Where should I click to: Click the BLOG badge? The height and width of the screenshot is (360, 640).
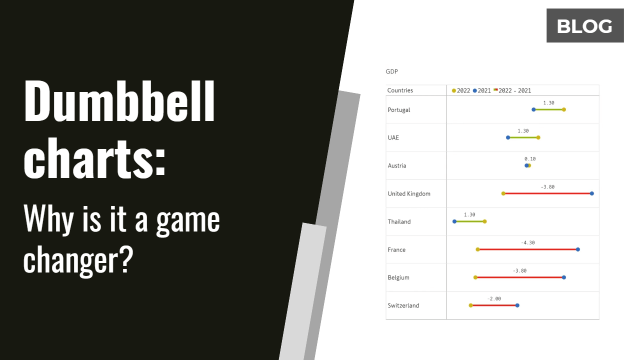tap(584, 25)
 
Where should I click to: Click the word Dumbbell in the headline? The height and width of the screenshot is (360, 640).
tap(119, 102)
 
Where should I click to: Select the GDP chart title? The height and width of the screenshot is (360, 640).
tap(391, 72)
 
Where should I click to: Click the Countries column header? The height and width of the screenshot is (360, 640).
tap(400, 90)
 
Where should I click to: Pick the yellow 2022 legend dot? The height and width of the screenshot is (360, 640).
tap(454, 90)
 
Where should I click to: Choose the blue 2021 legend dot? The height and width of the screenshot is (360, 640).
tap(475, 90)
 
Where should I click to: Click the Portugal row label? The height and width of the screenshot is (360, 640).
tap(399, 110)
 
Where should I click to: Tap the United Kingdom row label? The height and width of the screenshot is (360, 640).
tap(409, 194)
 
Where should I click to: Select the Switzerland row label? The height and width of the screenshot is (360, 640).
tap(403, 305)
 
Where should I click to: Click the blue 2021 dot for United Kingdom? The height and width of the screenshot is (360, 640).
tap(592, 193)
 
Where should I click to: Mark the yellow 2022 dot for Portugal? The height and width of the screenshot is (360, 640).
tap(563, 109)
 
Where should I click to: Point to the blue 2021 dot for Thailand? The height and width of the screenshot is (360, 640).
tap(454, 221)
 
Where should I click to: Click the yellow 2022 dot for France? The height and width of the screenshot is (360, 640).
tap(478, 249)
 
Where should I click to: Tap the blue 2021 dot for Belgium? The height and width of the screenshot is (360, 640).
tap(564, 277)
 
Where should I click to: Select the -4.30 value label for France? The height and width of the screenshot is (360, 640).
tap(527, 242)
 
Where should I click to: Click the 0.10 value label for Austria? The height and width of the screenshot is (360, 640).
tap(530, 159)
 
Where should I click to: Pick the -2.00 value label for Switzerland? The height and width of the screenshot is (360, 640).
tap(494, 298)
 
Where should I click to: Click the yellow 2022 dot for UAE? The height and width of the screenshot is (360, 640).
tap(538, 137)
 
